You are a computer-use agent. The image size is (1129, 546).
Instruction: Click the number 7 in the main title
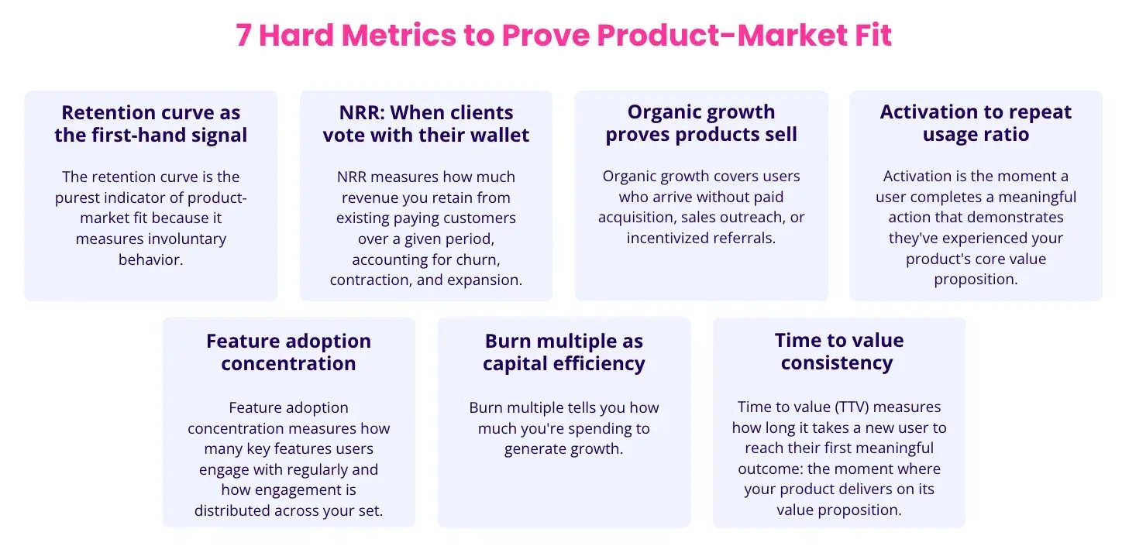point(243,36)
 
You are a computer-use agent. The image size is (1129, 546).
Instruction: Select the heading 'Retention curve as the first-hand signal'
point(151,124)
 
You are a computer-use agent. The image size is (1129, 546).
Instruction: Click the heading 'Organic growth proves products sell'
point(701,123)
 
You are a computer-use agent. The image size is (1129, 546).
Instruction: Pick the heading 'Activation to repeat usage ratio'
point(976,123)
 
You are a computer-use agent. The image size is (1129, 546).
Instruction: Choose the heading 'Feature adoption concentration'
point(288,352)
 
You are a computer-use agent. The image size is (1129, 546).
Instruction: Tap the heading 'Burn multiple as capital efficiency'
point(564,352)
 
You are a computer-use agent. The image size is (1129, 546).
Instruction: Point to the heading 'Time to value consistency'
point(839,352)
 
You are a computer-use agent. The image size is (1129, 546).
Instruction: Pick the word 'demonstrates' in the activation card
point(1021,218)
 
